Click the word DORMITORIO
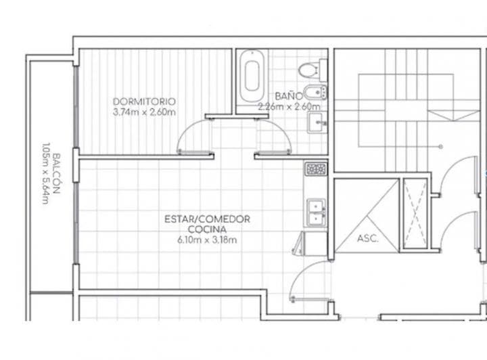(144, 102)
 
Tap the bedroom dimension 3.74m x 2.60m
(144, 112)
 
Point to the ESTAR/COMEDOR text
(207, 219)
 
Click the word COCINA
(207, 229)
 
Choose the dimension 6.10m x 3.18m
(207, 240)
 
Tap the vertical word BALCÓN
(57, 173)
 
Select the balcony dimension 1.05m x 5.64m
(45, 173)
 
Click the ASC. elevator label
(367, 239)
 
